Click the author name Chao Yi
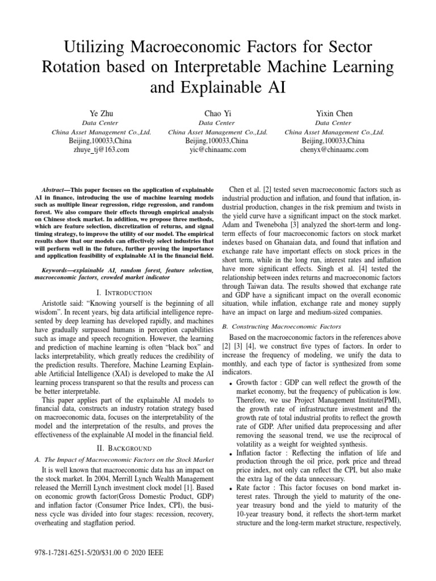[218, 113]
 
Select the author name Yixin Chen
[334, 113]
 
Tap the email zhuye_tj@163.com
[102, 150]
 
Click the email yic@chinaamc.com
[218, 150]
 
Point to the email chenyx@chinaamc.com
[334, 150]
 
